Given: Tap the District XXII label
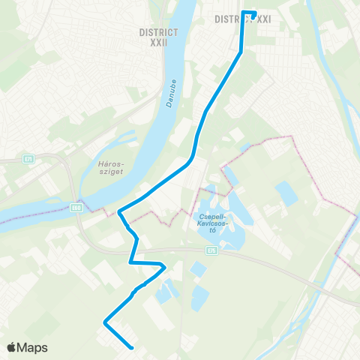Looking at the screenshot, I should click(158, 37).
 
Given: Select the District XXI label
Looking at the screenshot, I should click(242, 19).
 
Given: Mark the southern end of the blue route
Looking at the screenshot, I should click(132, 348).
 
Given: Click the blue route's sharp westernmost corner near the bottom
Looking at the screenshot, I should click(103, 322).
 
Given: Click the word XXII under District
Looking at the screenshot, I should click(158, 43).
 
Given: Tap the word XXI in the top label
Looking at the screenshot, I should click(262, 19).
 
